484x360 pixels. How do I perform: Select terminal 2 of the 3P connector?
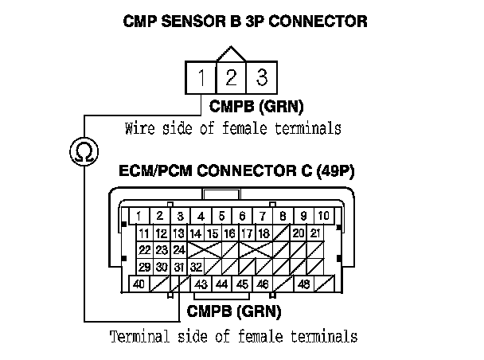tap(230, 78)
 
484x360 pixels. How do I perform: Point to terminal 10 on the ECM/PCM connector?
tap(322, 216)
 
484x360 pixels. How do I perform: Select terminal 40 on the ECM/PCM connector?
tap(140, 284)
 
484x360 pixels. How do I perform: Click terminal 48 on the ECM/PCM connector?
tap(303, 284)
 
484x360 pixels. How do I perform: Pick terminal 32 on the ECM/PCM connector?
tap(196, 267)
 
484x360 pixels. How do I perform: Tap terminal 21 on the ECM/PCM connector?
tap(315, 233)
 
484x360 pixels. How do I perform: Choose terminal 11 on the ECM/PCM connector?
tap(144, 233)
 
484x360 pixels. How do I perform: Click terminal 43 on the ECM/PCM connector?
tap(201, 284)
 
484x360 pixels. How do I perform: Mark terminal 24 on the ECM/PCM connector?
tap(179, 250)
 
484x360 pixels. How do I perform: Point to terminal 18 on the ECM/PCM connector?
tap(263, 233)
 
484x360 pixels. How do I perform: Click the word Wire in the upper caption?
tap(140, 127)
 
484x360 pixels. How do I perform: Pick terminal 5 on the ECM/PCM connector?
tap(222, 216)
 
